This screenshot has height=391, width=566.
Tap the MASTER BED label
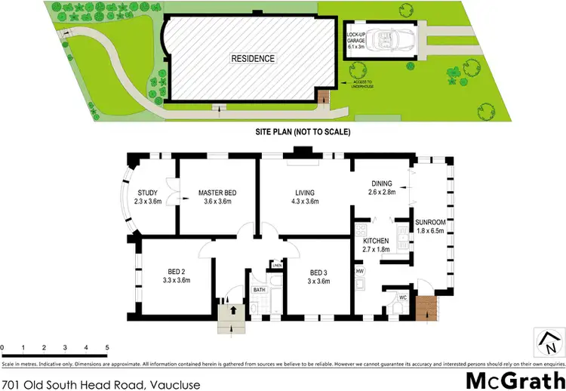click(217, 193)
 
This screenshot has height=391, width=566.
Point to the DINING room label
click(383, 184)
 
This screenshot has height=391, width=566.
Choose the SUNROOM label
click(430, 223)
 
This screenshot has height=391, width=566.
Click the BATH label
click(259, 290)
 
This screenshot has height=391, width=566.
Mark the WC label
click(403, 297)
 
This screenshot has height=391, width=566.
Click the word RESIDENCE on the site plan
click(254, 58)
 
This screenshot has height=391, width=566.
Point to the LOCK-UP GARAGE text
click(357, 39)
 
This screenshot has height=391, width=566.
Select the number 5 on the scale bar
click(107, 347)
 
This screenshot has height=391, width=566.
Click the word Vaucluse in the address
click(175, 384)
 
